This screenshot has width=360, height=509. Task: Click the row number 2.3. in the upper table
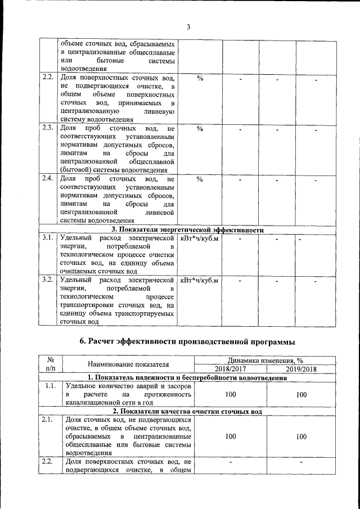point(47,128)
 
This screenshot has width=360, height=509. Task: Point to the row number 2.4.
point(47,179)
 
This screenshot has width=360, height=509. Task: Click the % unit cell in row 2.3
point(200,129)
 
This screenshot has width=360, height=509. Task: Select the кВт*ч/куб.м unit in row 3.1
point(200,238)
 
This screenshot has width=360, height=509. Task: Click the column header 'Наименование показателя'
point(128,365)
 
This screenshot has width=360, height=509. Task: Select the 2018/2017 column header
point(230,369)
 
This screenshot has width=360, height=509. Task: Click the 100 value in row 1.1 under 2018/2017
point(230,395)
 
